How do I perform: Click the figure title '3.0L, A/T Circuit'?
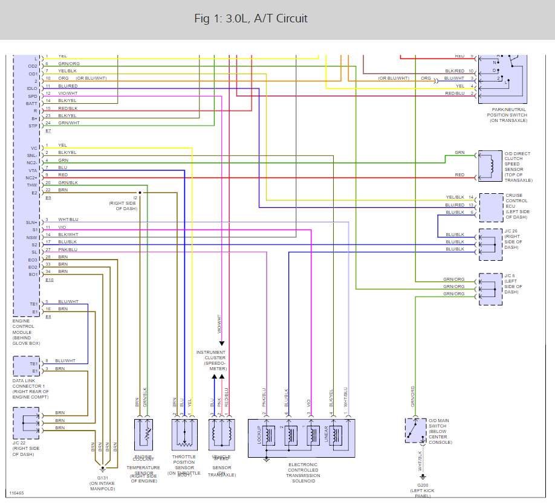pos(251,19)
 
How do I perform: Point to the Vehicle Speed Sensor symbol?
pos(221,434)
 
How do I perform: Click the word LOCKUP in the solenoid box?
pos(259,435)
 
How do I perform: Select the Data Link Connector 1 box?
pos(26,367)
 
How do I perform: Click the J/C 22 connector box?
pos(26,422)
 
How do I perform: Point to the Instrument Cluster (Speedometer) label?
pos(211,360)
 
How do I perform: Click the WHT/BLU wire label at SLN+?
pos(68,219)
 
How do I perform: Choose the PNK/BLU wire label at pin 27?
pos(68,249)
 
